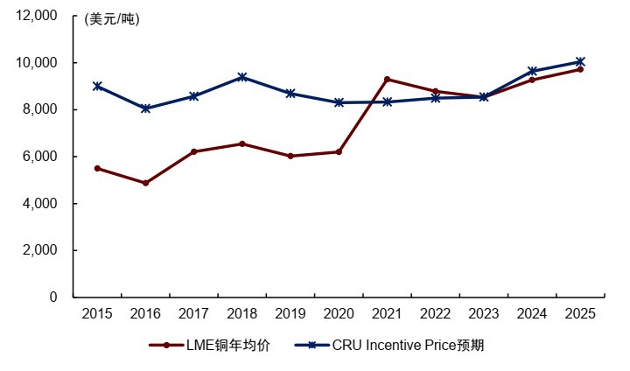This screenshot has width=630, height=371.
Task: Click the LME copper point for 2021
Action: (387, 80)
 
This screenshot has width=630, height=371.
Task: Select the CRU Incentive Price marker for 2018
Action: (242, 77)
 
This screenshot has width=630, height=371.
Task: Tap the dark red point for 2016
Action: (145, 183)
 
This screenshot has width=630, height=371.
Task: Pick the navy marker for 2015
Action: (97, 87)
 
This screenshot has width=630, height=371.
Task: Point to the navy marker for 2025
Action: (579, 61)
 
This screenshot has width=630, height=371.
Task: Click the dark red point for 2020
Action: (339, 151)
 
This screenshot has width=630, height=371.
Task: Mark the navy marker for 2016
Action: (145, 108)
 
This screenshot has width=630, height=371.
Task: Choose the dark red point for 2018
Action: (242, 143)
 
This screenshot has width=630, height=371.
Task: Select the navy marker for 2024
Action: (531, 71)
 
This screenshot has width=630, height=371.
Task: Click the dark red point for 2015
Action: (97, 168)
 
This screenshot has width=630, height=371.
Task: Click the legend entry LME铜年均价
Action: (210, 345)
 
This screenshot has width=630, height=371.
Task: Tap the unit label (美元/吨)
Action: (111, 19)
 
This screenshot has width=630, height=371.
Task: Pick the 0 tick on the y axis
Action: (53, 297)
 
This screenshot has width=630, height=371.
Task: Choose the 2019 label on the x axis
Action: (290, 313)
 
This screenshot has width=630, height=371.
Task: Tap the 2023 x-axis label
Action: (483, 313)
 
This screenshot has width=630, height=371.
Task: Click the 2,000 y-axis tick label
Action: (40, 250)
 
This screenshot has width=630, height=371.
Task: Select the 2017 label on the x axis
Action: (193, 313)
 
